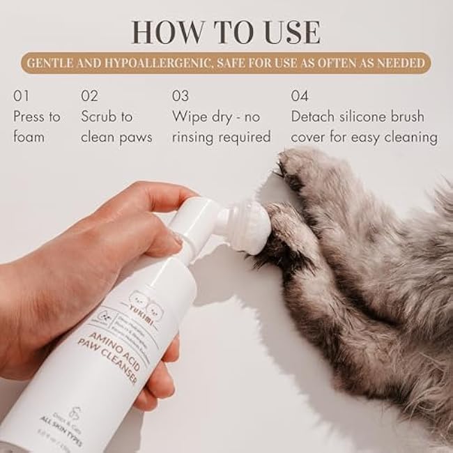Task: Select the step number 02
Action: (x=90, y=95)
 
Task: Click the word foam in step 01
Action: (x=29, y=137)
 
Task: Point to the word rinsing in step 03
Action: (x=199, y=137)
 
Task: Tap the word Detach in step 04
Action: (x=314, y=116)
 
